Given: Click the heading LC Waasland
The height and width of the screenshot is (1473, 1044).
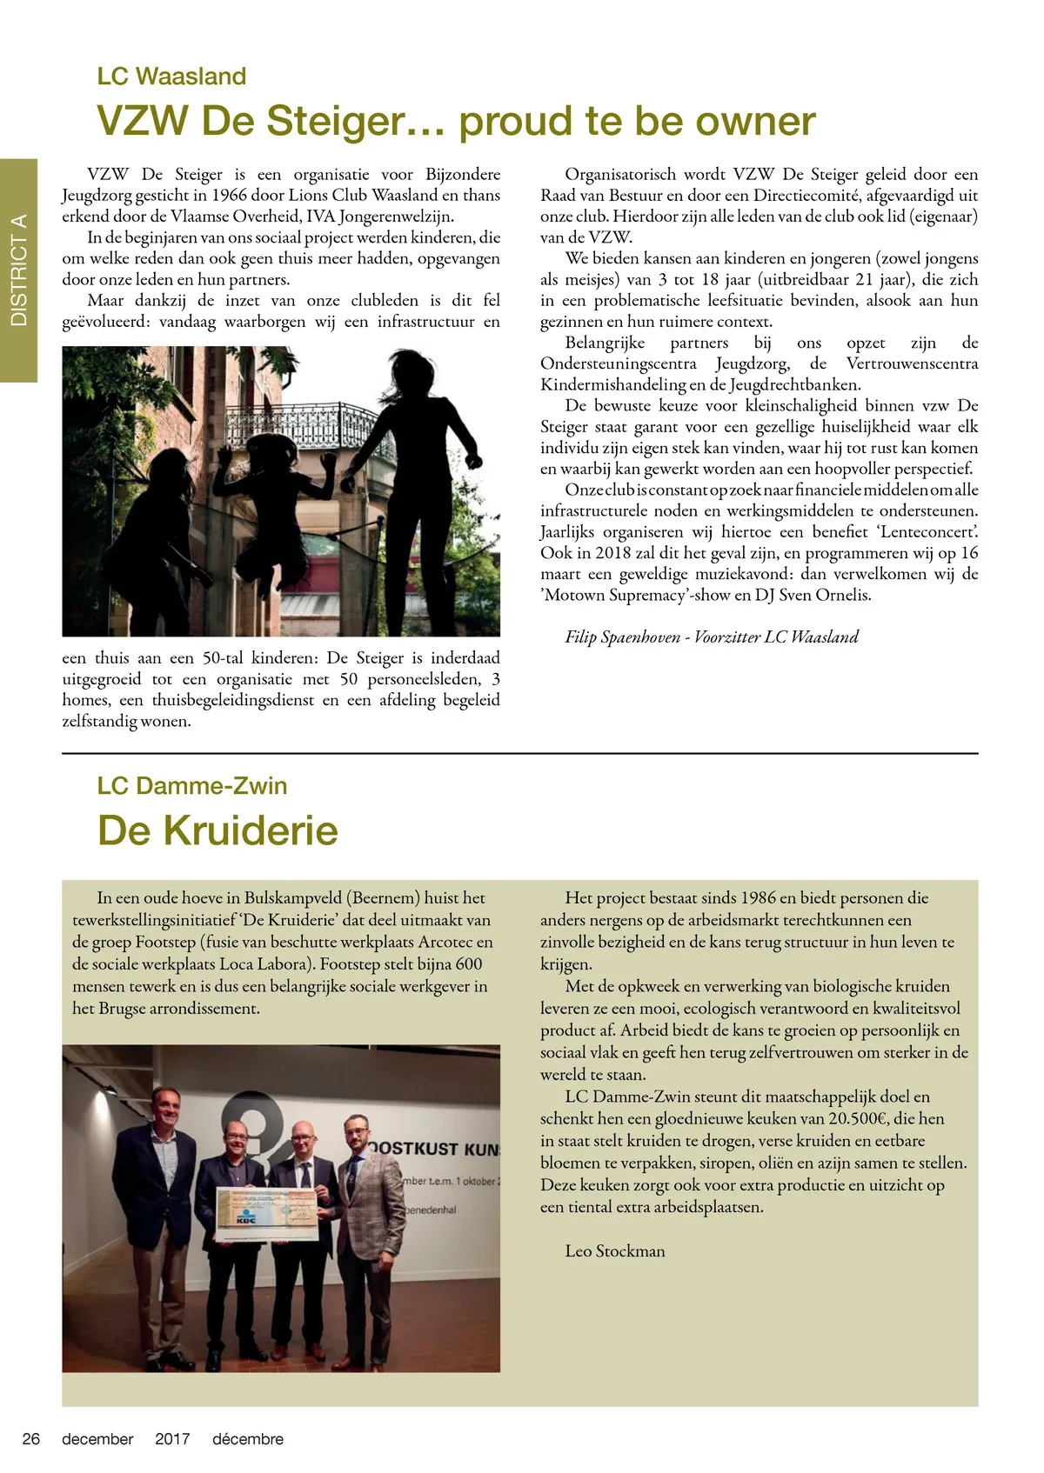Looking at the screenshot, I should pyautogui.click(x=171, y=77).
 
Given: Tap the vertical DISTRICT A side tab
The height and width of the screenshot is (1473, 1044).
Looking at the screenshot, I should pyautogui.click(x=18, y=270).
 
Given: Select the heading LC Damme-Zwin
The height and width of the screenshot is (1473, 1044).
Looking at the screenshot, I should pyautogui.click(x=191, y=786).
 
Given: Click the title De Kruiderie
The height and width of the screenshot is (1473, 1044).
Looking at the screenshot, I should pyautogui.click(x=217, y=830).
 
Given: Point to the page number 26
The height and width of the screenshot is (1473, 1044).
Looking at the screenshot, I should pyautogui.click(x=31, y=1439).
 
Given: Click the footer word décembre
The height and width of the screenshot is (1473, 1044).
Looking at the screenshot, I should pyautogui.click(x=248, y=1439).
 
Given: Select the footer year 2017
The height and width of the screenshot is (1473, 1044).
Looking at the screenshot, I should pyautogui.click(x=172, y=1439).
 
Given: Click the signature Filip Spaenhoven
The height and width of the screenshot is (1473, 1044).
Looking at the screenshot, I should pyautogui.click(x=623, y=637).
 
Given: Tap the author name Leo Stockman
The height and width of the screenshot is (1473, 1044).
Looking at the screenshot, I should pyautogui.click(x=615, y=1251).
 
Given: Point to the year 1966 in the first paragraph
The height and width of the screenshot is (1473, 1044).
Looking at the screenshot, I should pyautogui.click(x=229, y=196).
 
